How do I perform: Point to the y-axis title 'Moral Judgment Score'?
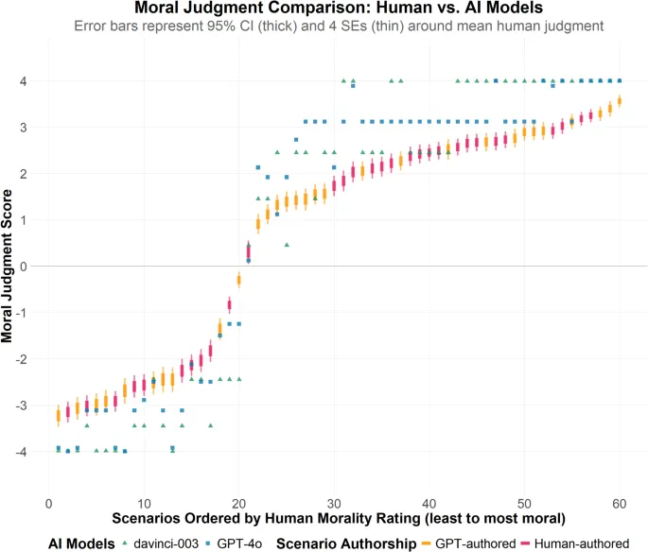(x=9, y=267)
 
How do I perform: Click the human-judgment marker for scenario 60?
(x=619, y=101)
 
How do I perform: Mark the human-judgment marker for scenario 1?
(x=59, y=413)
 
